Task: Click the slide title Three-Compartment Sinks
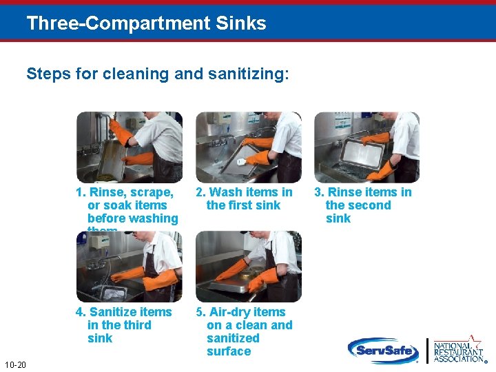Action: coord(146,23)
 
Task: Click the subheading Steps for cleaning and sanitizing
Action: coord(158,74)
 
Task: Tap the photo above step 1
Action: coord(129,147)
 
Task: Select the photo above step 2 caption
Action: coord(248,147)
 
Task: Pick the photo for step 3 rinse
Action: coord(366,147)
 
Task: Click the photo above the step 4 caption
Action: coord(129,267)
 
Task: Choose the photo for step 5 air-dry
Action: coord(248,267)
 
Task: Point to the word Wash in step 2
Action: coord(225,192)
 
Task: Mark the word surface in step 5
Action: coord(229,351)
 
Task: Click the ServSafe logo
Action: coord(383,351)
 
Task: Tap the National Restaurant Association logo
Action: coord(458,350)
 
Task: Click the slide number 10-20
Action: coord(14,364)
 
